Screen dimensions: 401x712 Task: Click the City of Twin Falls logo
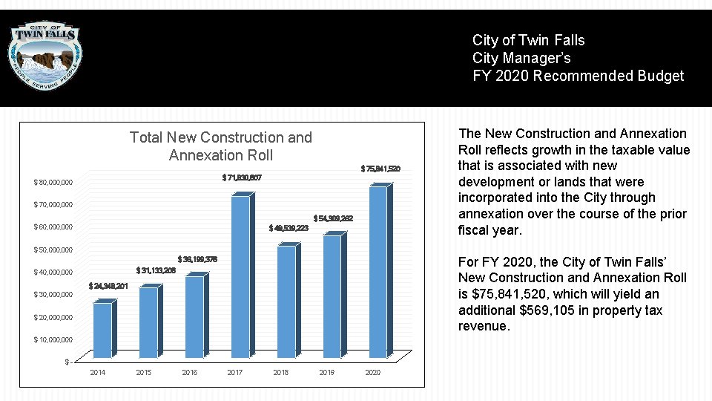coord(45,56)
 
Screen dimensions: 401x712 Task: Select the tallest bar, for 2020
coord(378,272)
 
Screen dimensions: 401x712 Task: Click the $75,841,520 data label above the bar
coord(380,169)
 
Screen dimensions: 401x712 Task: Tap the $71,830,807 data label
coord(242,177)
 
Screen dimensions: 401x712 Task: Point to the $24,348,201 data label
coord(108,286)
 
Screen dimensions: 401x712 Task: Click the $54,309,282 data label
coord(333,218)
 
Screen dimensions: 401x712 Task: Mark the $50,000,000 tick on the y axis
coord(53,250)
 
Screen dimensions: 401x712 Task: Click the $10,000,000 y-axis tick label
coord(53,340)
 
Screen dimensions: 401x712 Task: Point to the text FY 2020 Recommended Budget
coord(578,76)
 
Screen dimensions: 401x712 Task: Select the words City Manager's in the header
coord(521,58)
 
